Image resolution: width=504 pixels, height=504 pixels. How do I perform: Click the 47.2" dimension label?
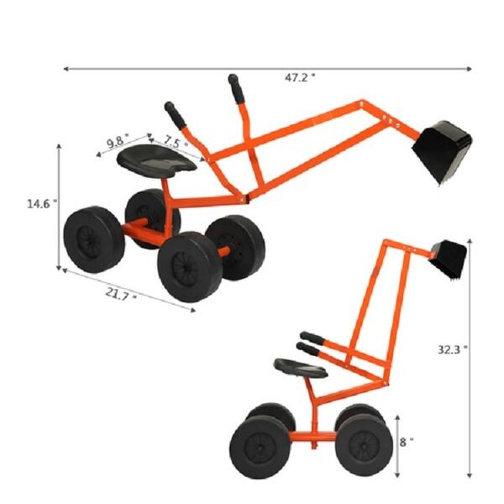pyautogui.click(x=299, y=77)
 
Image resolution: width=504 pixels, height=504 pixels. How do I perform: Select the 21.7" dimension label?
pyautogui.click(x=123, y=295)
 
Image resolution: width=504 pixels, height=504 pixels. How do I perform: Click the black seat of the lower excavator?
pyautogui.click(x=299, y=368)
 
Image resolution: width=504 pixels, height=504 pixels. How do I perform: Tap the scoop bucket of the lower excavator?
pyautogui.click(x=449, y=258)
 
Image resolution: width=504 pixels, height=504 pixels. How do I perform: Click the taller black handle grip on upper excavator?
pyautogui.click(x=234, y=87)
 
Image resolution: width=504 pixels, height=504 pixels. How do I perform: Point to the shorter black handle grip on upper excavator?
pyautogui.click(x=174, y=112)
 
